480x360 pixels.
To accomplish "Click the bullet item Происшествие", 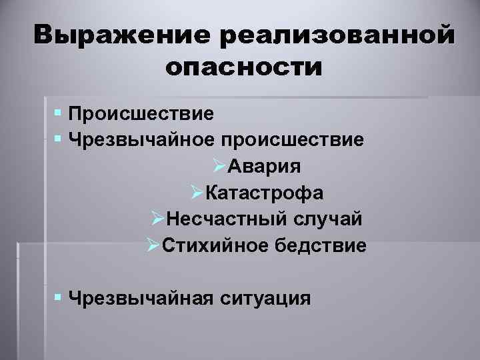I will [x=141, y=114].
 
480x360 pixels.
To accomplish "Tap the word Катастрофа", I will [x=265, y=193].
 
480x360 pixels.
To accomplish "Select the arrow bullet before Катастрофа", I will [x=195, y=193].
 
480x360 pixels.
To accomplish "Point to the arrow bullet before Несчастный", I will [x=157, y=219].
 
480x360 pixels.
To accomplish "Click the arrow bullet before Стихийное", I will [x=151, y=245].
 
